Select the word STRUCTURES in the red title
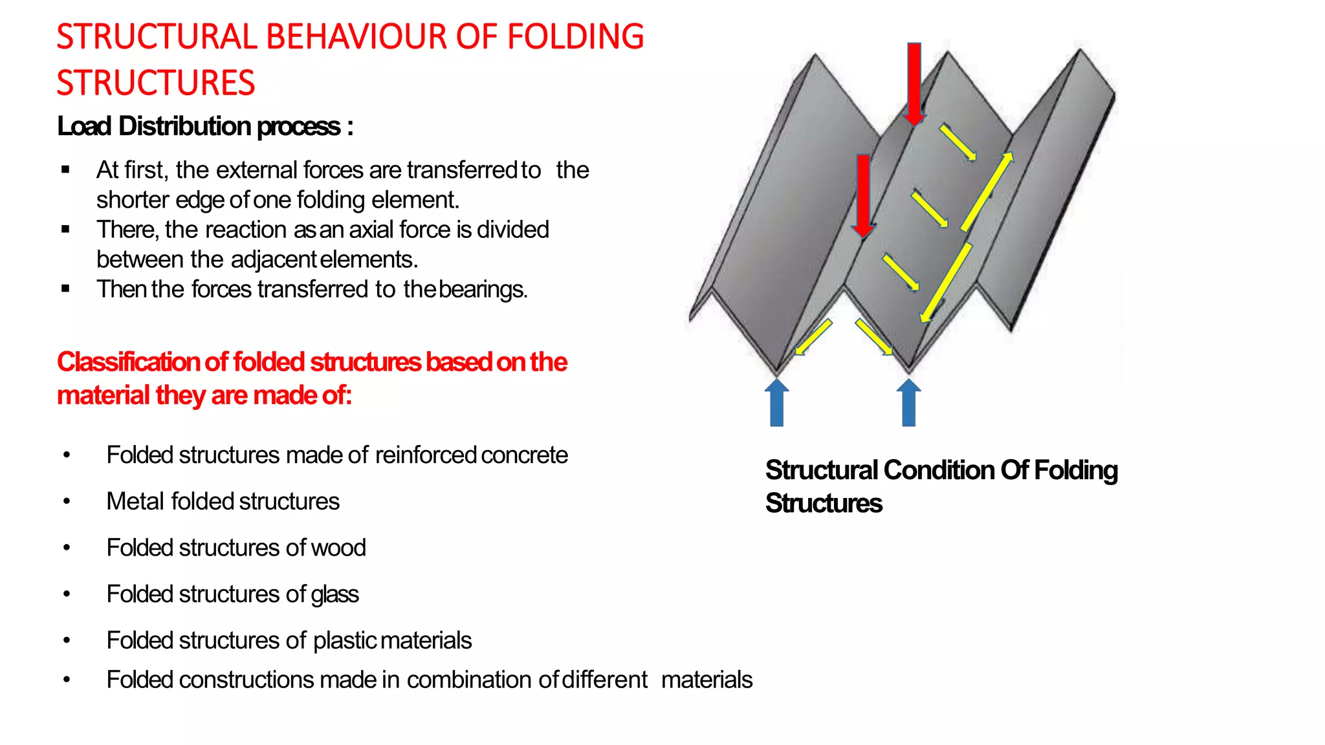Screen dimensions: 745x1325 coord(155,83)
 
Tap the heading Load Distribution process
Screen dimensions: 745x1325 coord(205,126)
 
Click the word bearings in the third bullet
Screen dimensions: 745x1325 coord(483,289)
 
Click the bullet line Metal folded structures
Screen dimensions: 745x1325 coord(223,501)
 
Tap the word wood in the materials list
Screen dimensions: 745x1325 coord(338,548)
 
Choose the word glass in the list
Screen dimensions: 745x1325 coord(334,594)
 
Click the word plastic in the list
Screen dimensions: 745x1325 coord(345,641)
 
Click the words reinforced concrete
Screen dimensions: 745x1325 coord(471,455)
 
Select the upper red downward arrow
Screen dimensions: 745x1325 coord(914,84)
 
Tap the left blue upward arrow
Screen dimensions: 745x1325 coord(776,403)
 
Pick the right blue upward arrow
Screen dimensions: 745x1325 coord(908,403)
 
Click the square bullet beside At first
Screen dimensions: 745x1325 coord(65,170)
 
